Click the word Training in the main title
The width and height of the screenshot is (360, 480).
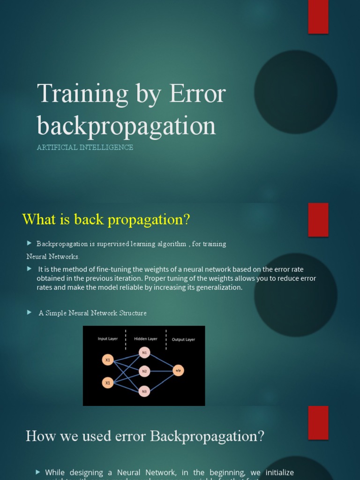click(x=82, y=94)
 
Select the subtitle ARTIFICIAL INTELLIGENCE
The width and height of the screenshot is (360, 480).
click(x=85, y=147)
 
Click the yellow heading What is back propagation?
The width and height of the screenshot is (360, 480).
click(x=106, y=219)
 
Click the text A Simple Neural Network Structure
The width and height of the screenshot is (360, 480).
click(x=92, y=313)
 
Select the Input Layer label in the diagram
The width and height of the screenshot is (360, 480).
click(x=108, y=339)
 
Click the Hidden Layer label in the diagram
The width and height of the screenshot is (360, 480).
click(x=146, y=338)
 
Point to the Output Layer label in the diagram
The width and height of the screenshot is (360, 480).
click(x=183, y=339)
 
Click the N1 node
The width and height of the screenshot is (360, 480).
click(x=144, y=352)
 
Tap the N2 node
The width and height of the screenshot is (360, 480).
click(x=144, y=371)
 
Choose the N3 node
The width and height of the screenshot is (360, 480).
click(x=144, y=391)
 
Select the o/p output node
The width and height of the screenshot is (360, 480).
click(x=178, y=370)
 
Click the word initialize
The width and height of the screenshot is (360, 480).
click(x=279, y=472)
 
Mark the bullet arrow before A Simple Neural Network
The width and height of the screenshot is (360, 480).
click(x=29, y=312)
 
